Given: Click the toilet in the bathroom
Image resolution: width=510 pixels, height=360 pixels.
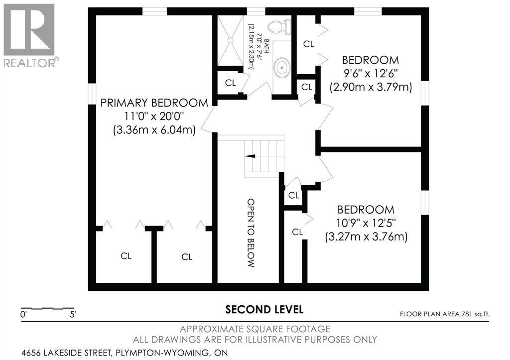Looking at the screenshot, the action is coord(279,26).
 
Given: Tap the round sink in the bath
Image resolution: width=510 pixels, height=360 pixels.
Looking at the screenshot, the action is coord(281,68).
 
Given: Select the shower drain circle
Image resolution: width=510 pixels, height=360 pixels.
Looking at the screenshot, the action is coord(230,40).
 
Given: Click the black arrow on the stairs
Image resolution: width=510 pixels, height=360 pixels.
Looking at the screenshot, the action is coord(250,156).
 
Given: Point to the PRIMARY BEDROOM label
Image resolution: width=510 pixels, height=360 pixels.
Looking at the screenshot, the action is coord(154,103).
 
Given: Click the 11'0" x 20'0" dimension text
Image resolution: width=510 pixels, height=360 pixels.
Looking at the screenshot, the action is coord(154,117).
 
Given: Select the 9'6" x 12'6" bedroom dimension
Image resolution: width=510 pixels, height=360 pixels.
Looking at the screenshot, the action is coord(371,74).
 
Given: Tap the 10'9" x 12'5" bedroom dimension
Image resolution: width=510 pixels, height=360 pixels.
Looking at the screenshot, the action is coord(366,223).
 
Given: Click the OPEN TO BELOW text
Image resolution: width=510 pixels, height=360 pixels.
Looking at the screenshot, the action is coord(251,233).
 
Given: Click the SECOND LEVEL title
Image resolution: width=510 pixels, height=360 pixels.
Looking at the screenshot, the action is coord(264,309).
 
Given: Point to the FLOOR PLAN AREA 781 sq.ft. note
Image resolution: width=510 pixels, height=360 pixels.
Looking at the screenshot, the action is coord(445,314).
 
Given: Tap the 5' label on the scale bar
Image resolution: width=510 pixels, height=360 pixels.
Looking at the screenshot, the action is coord(73,315).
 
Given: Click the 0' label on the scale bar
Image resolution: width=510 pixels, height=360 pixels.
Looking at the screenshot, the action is coord(23,315).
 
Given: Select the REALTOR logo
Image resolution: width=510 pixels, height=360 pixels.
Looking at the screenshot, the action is coord(29,35).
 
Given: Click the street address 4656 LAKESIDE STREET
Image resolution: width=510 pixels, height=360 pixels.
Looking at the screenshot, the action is coord(65,353).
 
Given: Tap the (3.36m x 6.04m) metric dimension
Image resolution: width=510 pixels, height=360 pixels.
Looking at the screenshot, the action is coord(154,130).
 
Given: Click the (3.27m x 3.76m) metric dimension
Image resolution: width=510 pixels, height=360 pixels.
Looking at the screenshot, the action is coord(366,237).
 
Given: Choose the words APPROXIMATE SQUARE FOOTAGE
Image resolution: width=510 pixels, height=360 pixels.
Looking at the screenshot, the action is coord(255,329).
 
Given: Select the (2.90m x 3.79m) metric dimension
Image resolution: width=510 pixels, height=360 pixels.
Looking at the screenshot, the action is coord(371,87).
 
